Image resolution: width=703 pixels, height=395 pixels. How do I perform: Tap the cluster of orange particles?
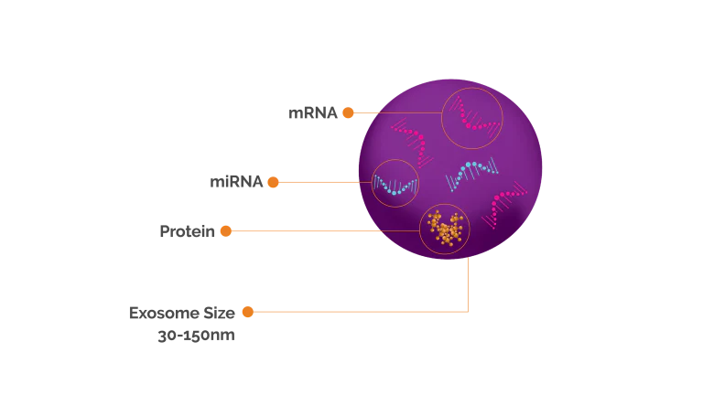[x=446, y=230]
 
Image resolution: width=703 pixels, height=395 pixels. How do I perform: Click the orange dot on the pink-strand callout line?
[x=348, y=112]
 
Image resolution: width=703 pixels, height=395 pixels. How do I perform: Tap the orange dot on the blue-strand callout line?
[x=272, y=182]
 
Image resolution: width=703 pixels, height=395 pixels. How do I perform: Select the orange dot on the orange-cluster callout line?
[x=226, y=230]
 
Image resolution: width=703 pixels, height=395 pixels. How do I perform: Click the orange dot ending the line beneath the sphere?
[x=247, y=312]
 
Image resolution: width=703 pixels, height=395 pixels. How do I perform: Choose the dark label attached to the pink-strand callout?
[x=311, y=112]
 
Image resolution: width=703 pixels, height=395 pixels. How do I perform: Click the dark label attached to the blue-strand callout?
[x=235, y=180]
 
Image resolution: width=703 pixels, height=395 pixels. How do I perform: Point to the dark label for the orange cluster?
[x=187, y=230]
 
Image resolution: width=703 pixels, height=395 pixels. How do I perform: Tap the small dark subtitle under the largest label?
[x=193, y=336]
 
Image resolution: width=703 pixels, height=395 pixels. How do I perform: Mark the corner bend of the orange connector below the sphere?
[x=467, y=312]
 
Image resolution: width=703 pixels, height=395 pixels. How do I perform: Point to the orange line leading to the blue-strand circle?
[x=320, y=181]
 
